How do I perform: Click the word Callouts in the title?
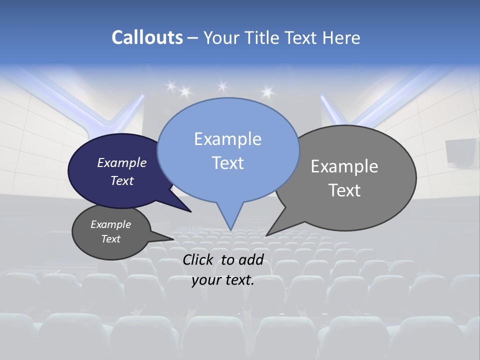147,37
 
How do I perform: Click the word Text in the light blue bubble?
227,162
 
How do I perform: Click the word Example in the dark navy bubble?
122,162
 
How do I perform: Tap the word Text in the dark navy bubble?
122,180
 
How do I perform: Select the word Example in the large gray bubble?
344,166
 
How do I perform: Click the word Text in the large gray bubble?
344,190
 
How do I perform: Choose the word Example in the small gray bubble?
110,224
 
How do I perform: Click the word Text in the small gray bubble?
110,239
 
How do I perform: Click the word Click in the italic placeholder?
198,259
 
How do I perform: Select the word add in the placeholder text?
251,259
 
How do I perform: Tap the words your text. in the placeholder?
223,280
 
